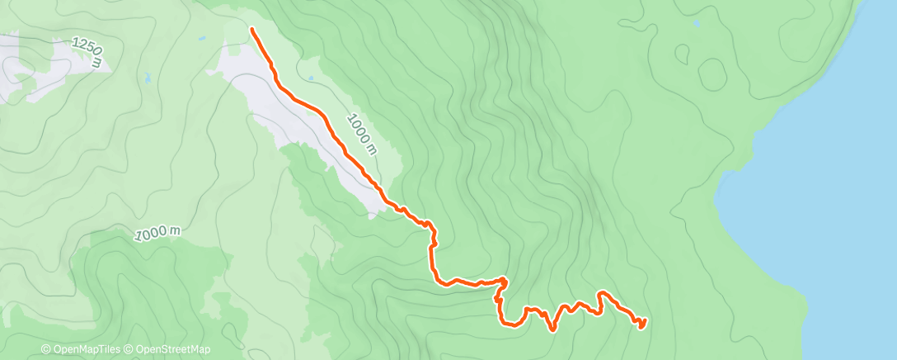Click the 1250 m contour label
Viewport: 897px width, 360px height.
87,50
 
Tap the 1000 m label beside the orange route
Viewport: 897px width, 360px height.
362,133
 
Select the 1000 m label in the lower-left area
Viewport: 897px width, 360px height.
156,234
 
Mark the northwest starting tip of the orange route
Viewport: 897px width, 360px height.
251,30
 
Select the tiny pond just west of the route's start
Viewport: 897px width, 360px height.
202,38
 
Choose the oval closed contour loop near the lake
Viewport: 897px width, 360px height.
712,74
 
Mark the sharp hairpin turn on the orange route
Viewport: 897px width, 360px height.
502,282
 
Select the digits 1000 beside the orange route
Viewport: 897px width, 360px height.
358,128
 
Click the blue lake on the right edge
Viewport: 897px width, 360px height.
833,206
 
